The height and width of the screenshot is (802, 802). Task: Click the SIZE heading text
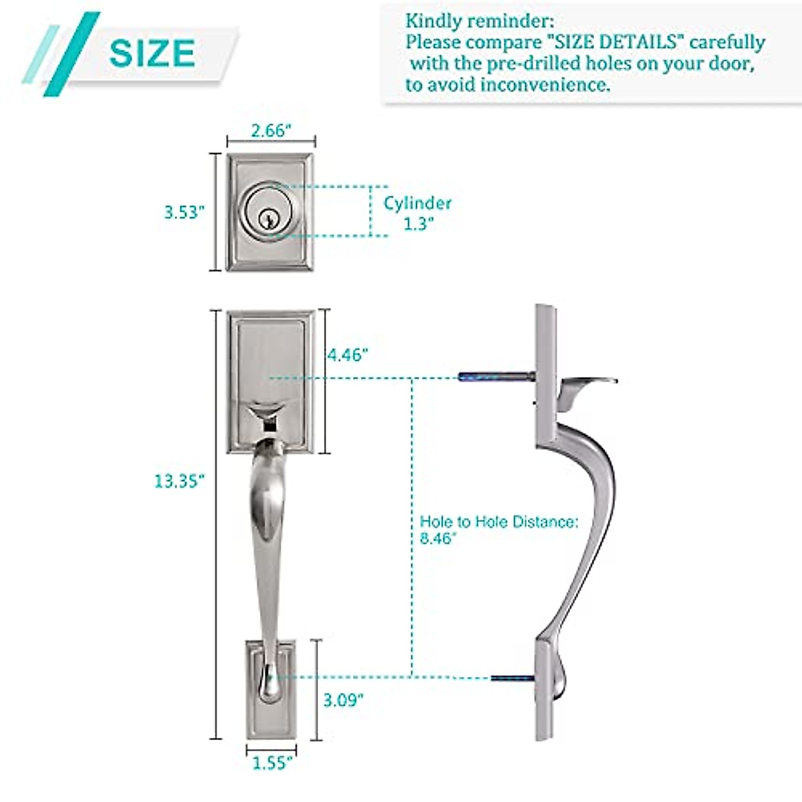152,53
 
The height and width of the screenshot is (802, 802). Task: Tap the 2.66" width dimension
271,130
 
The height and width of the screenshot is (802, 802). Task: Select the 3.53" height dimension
182,213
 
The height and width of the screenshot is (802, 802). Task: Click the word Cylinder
418,203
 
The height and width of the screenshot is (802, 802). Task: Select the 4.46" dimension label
348,355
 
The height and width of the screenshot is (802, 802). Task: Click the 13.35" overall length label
178,481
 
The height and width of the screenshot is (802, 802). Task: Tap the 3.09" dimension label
344,700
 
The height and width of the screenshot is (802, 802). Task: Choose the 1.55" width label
272,763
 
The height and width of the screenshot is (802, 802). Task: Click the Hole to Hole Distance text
499,522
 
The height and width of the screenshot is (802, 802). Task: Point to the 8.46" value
438,539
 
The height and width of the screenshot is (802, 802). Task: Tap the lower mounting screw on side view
512,679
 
